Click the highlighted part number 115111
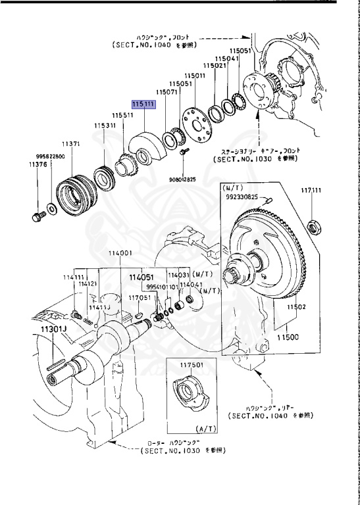click(x=143, y=105)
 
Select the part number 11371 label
click(x=71, y=143)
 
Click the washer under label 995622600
click(x=52, y=210)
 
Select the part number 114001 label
click(x=120, y=253)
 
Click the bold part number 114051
click(x=141, y=277)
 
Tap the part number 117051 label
click(x=140, y=297)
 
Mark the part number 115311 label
click(x=105, y=125)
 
